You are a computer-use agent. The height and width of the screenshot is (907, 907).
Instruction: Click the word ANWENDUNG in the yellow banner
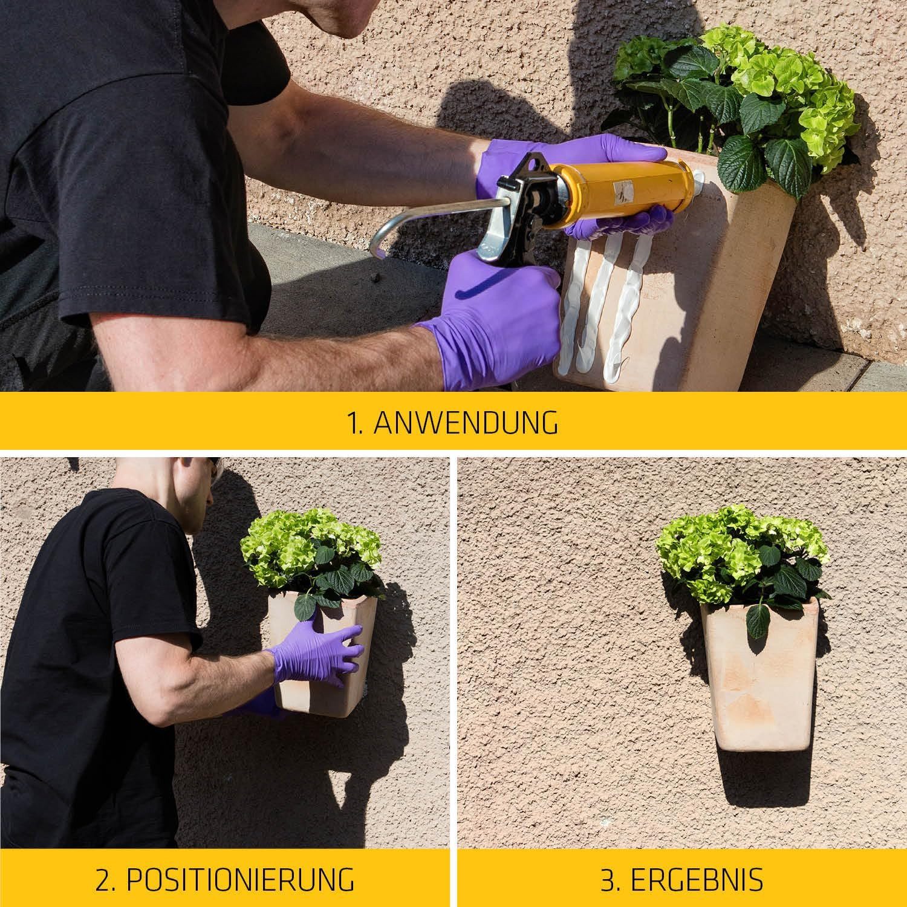click(x=466, y=423)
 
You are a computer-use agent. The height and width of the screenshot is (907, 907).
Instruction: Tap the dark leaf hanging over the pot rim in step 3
click(x=758, y=620)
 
